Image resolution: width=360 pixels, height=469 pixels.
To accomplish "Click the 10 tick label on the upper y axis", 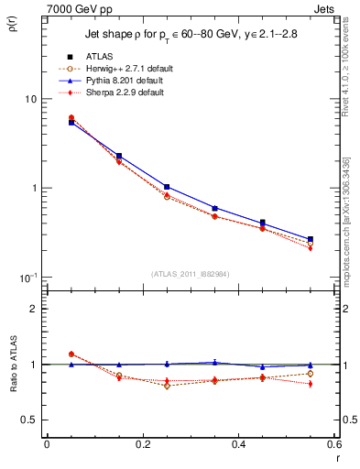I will [29, 99].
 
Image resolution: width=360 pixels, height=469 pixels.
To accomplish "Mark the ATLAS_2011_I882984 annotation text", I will [191, 273].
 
